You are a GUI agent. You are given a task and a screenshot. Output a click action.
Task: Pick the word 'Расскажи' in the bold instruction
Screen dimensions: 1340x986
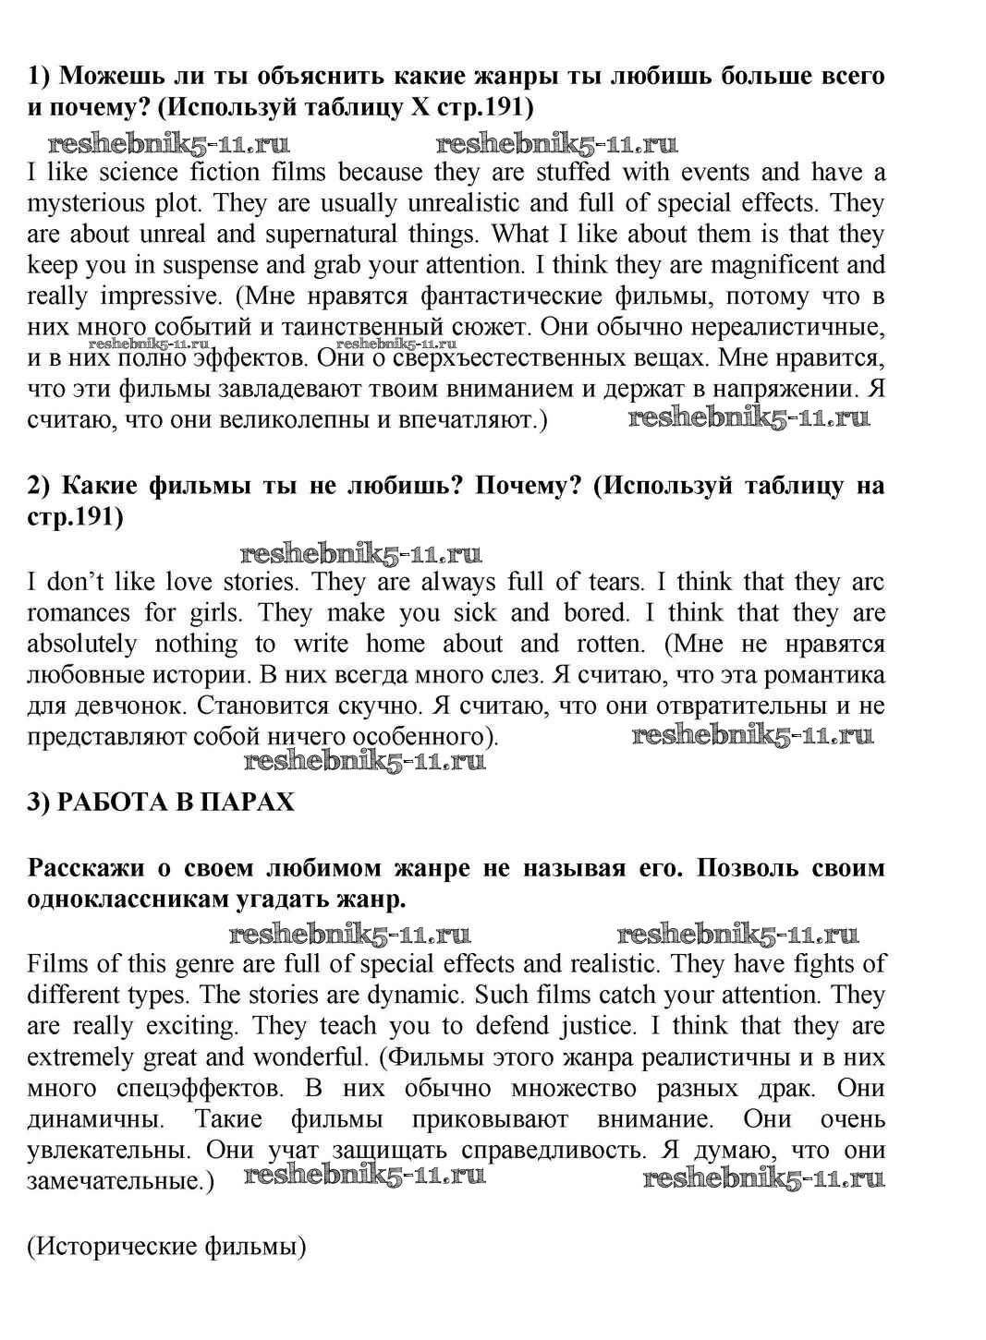point(80,868)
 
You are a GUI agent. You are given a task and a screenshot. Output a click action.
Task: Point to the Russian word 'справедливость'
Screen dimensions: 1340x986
point(551,1151)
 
